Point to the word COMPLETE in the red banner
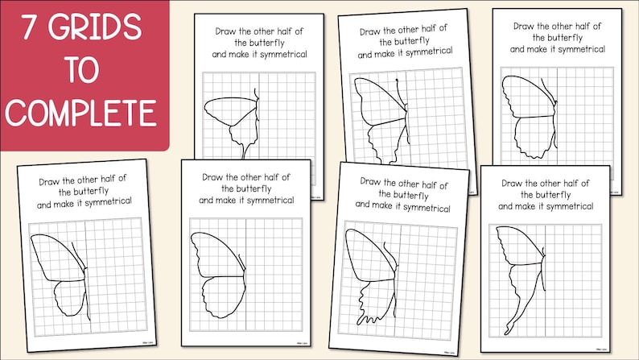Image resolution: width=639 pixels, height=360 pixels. [80, 112]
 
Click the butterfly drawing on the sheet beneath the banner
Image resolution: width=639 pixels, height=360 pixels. [60, 274]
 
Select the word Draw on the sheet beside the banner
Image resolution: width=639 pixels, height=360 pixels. [228, 31]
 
